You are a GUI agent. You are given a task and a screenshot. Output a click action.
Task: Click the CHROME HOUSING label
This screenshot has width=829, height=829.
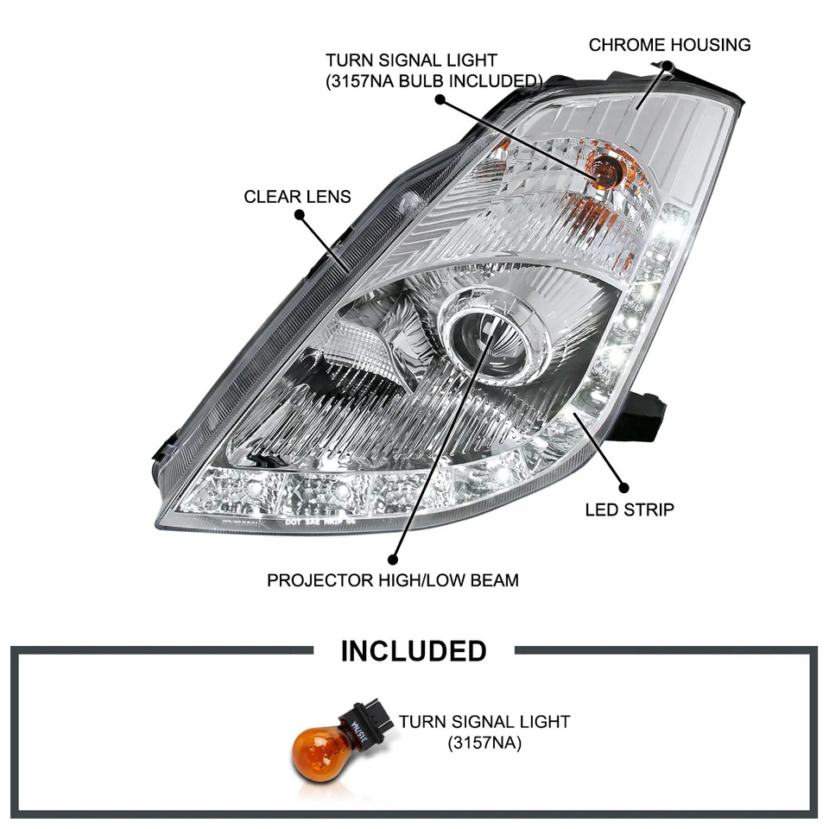coord(669,45)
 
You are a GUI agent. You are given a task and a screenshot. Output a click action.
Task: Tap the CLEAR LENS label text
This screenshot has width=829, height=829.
coord(297,196)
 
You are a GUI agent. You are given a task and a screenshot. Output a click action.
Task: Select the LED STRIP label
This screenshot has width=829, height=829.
coord(629,509)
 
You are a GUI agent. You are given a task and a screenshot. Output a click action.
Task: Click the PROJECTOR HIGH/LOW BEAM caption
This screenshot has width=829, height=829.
coord(393,579)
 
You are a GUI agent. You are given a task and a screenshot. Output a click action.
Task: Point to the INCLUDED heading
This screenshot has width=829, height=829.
coord(414,650)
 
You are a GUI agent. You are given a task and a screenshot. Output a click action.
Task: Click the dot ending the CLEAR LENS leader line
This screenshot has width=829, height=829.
coord(299,214)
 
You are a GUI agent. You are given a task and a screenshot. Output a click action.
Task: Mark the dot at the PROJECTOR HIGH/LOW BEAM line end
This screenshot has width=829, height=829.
coord(395,559)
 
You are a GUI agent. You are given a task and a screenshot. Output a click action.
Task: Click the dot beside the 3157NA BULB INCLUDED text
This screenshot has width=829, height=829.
coord(440,99)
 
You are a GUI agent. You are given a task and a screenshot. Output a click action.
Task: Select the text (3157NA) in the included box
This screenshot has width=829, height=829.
coord(484,741)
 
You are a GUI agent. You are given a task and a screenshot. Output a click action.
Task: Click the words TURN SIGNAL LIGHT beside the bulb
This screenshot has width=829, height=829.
coord(484,721)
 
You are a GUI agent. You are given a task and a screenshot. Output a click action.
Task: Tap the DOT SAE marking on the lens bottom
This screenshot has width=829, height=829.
coord(320,522)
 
